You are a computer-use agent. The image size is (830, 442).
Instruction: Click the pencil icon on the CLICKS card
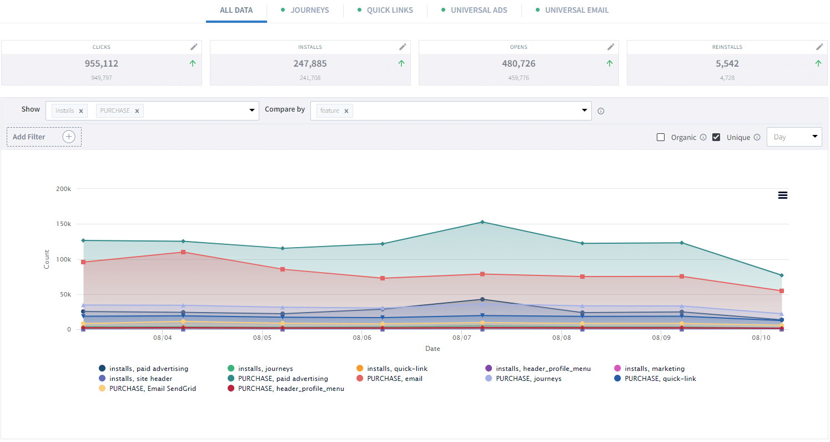pos(194,47)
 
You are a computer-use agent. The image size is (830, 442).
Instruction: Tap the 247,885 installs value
pos(310,63)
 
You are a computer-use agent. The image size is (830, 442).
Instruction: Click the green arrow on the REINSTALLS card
pos(818,63)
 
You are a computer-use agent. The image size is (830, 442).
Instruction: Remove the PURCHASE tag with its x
pos(137,111)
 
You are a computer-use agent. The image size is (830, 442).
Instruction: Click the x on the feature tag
pos(346,111)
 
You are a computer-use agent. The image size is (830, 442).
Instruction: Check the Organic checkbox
pos(661,137)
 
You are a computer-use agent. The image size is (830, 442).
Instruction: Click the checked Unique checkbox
pos(716,137)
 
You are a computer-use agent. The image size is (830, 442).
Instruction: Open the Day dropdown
pos(794,137)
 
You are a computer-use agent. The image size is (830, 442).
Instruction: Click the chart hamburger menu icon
pos(783,195)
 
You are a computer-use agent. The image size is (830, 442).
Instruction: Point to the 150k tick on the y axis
pos(64,224)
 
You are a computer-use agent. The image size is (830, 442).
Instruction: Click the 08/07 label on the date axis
pos(462,338)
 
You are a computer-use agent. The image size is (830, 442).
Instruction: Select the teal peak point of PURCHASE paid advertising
pos(482,222)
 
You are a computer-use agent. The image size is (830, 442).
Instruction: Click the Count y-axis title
pos(47,259)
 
